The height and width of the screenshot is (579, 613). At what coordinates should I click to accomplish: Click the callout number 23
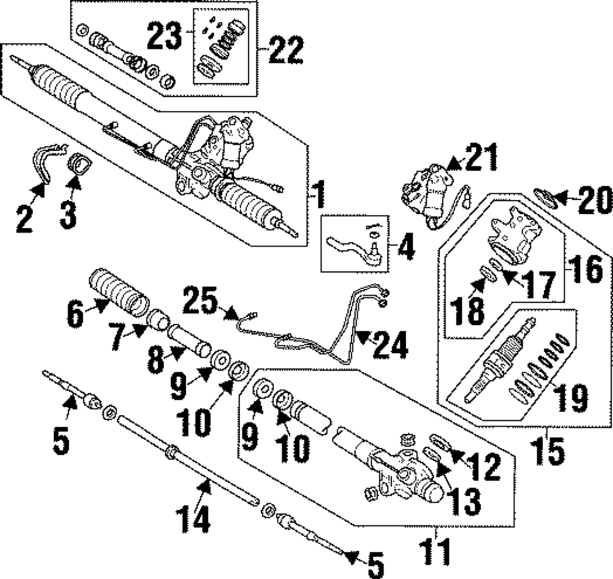pyautogui.click(x=164, y=36)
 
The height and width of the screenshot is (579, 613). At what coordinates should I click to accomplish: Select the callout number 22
pyautogui.click(x=286, y=50)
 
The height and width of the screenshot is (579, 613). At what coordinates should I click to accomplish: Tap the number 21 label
pyautogui.click(x=482, y=157)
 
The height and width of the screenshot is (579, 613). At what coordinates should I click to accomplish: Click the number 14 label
pyautogui.click(x=193, y=518)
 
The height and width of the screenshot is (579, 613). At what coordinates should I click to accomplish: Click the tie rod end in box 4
pyautogui.click(x=353, y=250)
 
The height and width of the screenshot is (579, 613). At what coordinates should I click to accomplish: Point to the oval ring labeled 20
pyautogui.click(x=545, y=199)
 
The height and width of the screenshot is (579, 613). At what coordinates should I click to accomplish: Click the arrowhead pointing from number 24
pyautogui.click(x=362, y=337)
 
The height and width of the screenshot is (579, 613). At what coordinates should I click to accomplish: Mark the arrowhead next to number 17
pyautogui.click(x=509, y=276)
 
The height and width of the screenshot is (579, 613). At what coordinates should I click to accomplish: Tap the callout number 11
pyautogui.click(x=435, y=551)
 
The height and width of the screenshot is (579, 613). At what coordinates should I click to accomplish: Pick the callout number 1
pyautogui.click(x=320, y=194)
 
